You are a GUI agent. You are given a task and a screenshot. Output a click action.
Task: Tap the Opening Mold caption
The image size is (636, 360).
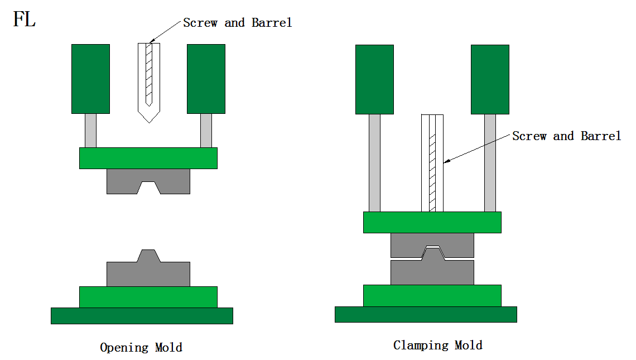pos(141,347)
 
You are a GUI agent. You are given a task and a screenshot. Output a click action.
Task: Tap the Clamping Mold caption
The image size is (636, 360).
pos(437,345)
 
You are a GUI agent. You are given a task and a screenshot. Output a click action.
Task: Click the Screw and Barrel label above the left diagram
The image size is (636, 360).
pos(237,23)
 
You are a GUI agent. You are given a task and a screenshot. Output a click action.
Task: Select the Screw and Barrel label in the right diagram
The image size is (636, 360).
pos(566,136)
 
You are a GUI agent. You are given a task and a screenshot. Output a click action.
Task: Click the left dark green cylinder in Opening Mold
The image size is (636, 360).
pos(90,79)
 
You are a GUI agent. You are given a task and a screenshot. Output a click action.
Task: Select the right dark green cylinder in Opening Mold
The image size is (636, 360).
pos(206,79)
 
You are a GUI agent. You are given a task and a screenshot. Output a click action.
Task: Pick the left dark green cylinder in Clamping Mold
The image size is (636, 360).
pos(374,79)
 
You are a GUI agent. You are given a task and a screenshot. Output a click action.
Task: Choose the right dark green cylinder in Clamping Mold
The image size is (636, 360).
pos(490,79)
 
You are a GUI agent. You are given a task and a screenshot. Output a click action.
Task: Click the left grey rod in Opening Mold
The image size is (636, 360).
pos(90,131)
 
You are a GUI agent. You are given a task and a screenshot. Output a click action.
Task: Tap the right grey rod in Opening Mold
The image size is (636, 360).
pos(206,131)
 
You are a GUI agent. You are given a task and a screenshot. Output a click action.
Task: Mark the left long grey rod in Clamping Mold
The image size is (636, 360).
pos(374,162)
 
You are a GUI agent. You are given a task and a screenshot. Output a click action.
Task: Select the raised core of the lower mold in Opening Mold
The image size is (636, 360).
pos(148,256)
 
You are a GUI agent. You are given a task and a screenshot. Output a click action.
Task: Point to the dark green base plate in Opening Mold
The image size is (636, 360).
pos(142,315)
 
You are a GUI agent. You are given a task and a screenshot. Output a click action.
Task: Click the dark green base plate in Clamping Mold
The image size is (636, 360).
pos(426,314)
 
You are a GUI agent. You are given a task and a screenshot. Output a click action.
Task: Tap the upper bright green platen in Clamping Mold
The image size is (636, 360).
pos(432,222)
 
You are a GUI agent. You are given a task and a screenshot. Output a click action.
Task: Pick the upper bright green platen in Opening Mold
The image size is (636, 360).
pos(148,158)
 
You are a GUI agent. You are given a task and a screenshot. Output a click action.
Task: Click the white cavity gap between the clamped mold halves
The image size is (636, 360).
pos(432,247)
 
